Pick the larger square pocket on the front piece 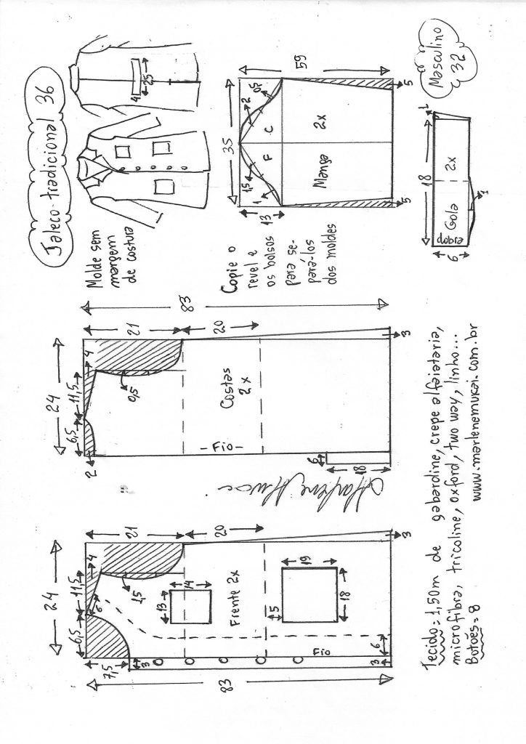click(309, 595)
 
